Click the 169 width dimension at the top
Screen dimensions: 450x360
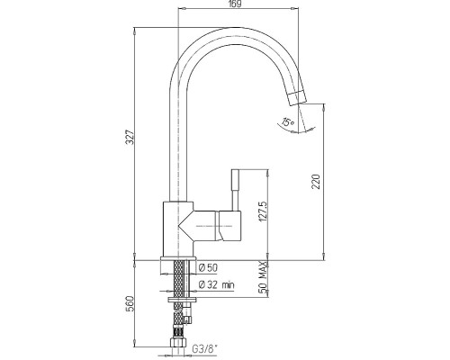click(x=236, y=4)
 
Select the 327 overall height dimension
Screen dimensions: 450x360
click(x=130, y=137)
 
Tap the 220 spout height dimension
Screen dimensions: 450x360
click(x=316, y=181)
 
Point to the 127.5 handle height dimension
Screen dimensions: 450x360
click(x=263, y=211)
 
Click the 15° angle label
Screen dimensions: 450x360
click(x=288, y=121)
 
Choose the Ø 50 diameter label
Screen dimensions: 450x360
click(x=208, y=268)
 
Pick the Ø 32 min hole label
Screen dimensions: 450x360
click(x=217, y=284)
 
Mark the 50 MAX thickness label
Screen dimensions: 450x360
click(x=263, y=277)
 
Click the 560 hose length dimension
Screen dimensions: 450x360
click(x=130, y=303)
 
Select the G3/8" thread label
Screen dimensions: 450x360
click(x=205, y=349)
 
